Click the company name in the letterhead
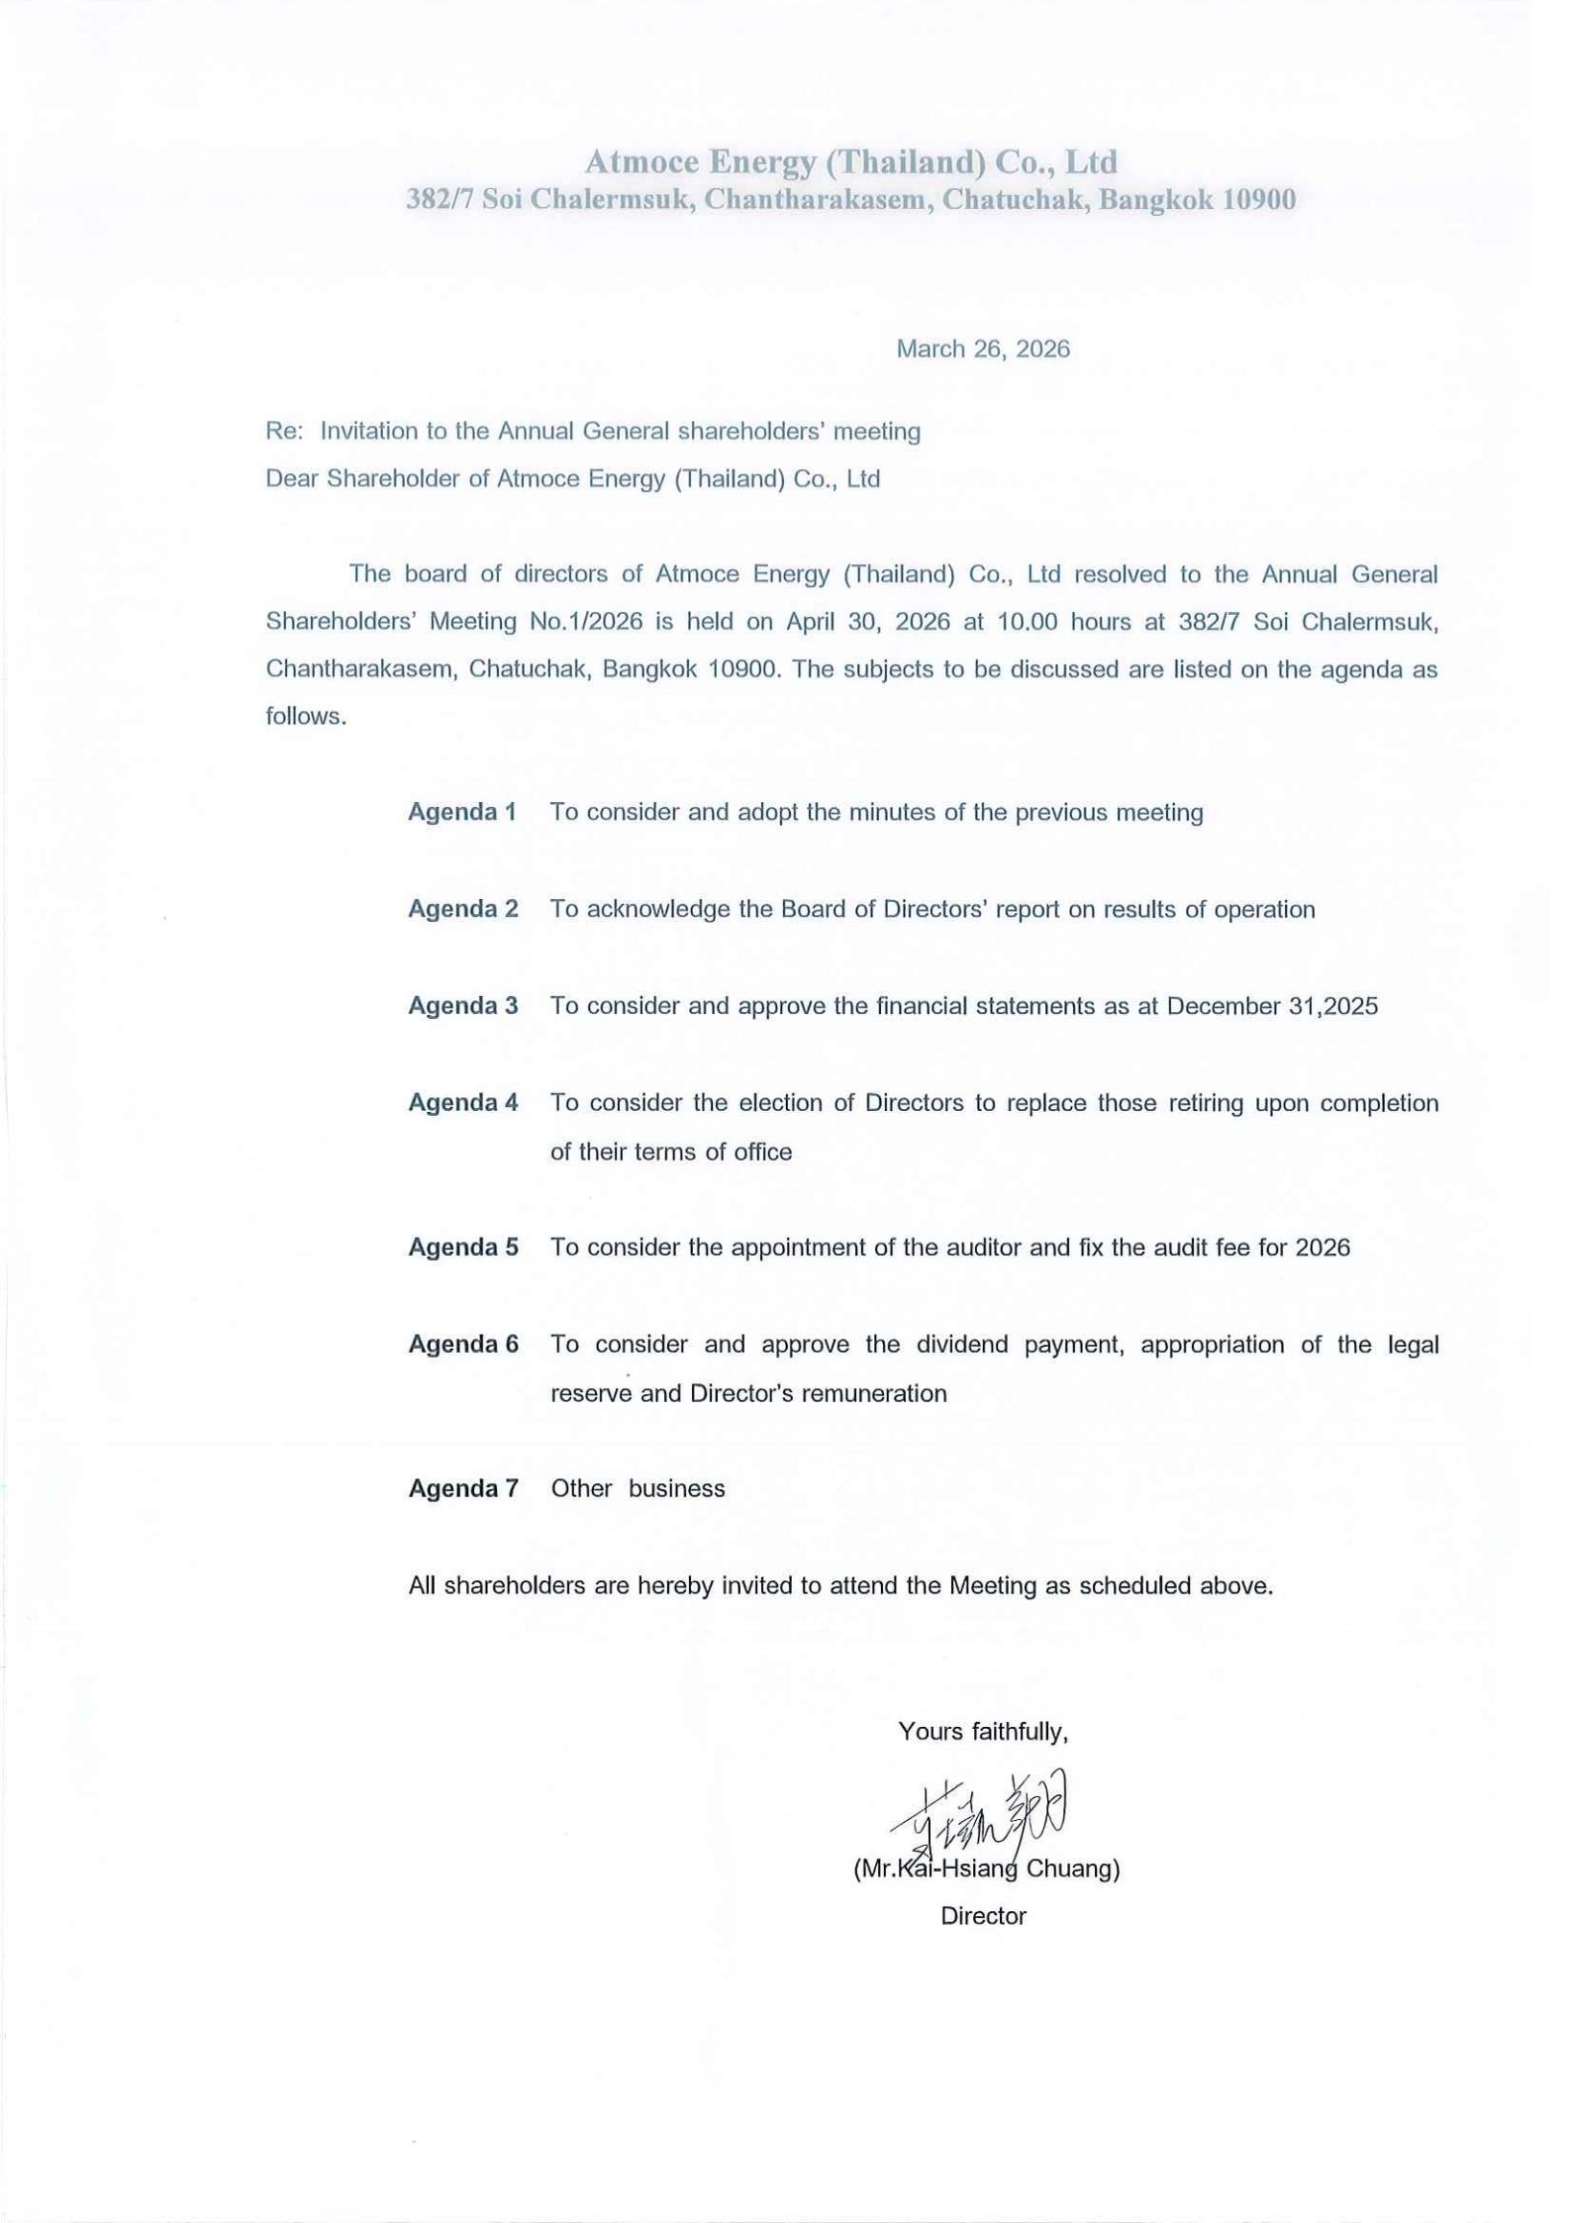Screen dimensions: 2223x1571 click(850, 161)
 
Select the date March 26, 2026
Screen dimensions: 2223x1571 click(982, 349)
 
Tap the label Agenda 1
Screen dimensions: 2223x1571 click(462, 812)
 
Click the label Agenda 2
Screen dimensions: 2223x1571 click(463, 909)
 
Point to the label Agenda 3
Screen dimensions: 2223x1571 click(463, 1006)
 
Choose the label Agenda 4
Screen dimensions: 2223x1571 click(463, 1103)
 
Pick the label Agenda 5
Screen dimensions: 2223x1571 click(463, 1248)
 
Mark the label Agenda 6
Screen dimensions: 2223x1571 click(463, 1345)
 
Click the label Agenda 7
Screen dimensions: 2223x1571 click(463, 1489)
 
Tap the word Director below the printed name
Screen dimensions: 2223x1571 click(983, 1916)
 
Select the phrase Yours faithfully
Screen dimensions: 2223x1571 click(982, 1732)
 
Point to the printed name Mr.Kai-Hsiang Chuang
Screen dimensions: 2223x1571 click(986, 1869)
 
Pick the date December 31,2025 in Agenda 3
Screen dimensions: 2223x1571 click(1272, 1006)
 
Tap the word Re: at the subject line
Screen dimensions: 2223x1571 click(283, 432)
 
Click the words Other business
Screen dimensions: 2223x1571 click(638, 1489)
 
